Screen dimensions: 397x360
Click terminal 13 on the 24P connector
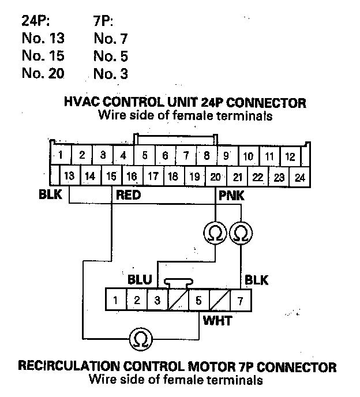click(70, 177)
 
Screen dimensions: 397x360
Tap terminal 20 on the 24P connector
click(216, 177)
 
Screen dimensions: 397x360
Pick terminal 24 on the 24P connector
click(299, 177)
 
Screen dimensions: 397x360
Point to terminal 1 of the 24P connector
click(60, 155)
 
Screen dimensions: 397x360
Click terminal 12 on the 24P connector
click(290, 156)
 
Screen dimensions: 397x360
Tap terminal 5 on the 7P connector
click(198, 300)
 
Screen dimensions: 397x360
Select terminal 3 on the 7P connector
click(157, 300)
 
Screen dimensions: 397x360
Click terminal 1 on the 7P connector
click(116, 300)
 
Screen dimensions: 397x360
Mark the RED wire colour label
click(129, 196)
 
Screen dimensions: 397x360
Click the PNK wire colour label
click(231, 196)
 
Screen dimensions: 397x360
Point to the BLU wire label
click(140, 280)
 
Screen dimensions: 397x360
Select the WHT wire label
click(217, 320)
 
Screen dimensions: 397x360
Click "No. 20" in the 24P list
click(43, 73)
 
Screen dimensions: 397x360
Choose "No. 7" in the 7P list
click(110, 39)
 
